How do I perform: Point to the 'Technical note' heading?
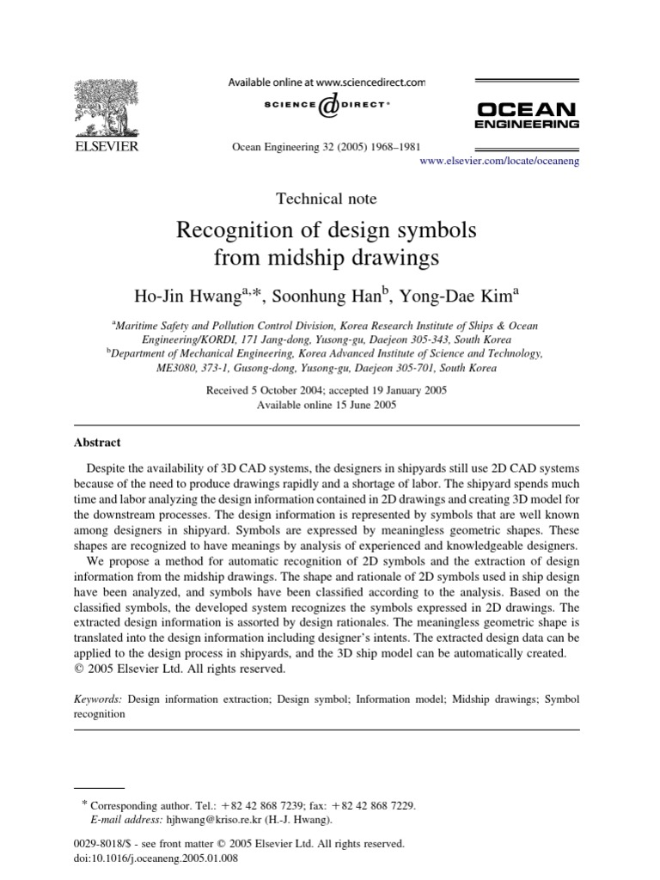[326, 199]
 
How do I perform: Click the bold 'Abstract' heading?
[97, 443]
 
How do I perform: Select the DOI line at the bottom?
[157, 858]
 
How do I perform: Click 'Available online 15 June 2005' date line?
[326, 405]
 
